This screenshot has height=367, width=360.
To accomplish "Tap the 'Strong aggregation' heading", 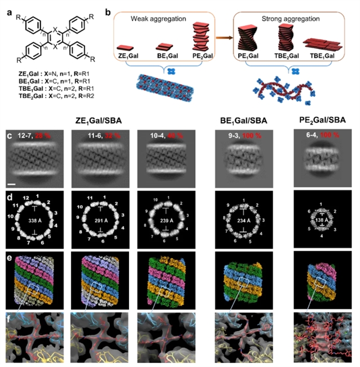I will [285, 12].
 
